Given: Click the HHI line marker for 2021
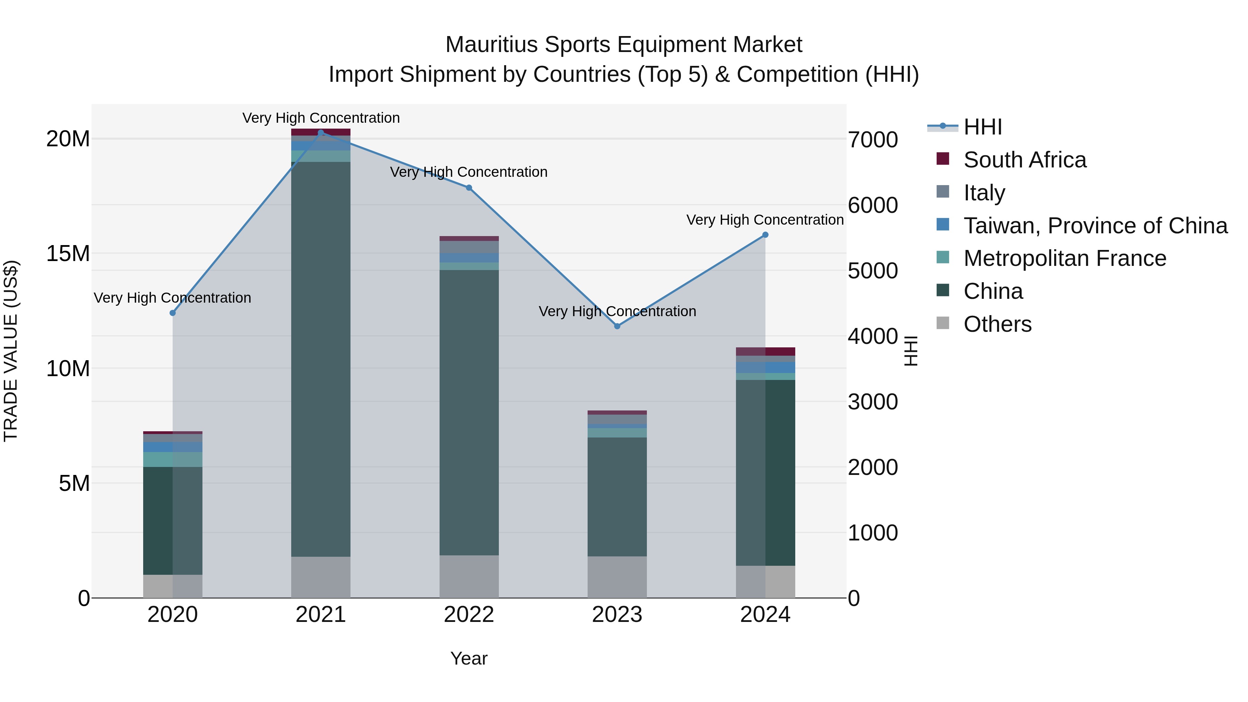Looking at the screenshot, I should [321, 133].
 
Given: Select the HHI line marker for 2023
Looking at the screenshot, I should [617, 326].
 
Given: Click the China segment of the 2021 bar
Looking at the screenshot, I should [321, 358].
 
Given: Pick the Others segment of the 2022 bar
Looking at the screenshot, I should [469, 576].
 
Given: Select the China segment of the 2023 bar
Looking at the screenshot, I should [617, 496].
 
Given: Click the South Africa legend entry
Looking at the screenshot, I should [1025, 160].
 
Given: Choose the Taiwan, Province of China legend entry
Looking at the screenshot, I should [1095, 226].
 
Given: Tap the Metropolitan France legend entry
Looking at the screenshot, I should [1064, 258].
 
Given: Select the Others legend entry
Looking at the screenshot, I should [997, 324].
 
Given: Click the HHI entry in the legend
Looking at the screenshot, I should [982, 127].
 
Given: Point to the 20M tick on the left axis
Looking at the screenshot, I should [68, 139].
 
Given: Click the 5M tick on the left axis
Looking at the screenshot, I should [74, 483].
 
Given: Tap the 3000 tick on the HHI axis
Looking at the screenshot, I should [873, 402].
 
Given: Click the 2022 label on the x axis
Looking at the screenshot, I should [469, 615].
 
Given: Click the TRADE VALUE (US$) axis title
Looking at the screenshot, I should [11, 351].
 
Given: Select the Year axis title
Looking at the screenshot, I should [468, 658].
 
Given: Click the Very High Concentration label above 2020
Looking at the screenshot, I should [173, 297].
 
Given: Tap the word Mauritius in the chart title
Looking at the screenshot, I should [491, 45].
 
